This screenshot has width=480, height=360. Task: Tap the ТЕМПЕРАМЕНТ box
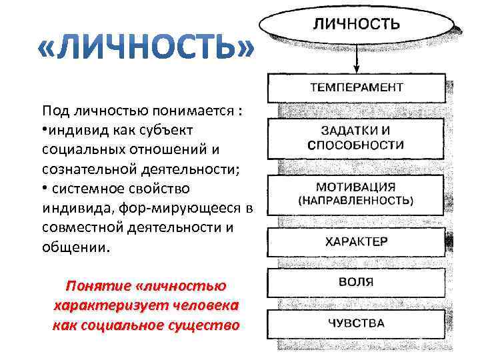(356, 87)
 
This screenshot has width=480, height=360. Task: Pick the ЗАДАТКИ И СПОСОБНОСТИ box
(356, 137)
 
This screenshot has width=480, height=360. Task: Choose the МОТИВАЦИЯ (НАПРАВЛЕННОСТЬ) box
(356, 193)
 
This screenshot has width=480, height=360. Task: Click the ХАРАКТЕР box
(356, 242)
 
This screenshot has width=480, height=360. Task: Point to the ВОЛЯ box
(356, 283)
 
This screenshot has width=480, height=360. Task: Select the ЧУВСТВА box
(356, 324)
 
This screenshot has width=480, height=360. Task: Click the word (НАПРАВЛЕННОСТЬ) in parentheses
(356, 200)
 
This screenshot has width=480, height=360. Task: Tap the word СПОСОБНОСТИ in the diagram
(356, 145)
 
